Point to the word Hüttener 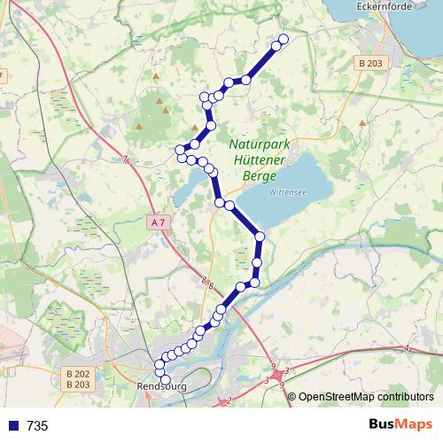coord(259,161)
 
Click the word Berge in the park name coord(259,175)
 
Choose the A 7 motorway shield coord(158,223)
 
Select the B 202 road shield coord(79,373)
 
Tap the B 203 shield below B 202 coord(79,385)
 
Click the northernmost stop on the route coord(284,39)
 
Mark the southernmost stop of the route coord(166,380)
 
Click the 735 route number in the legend coord(38,426)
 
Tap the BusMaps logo coord(400,425)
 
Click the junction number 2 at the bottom coord(229,401)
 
